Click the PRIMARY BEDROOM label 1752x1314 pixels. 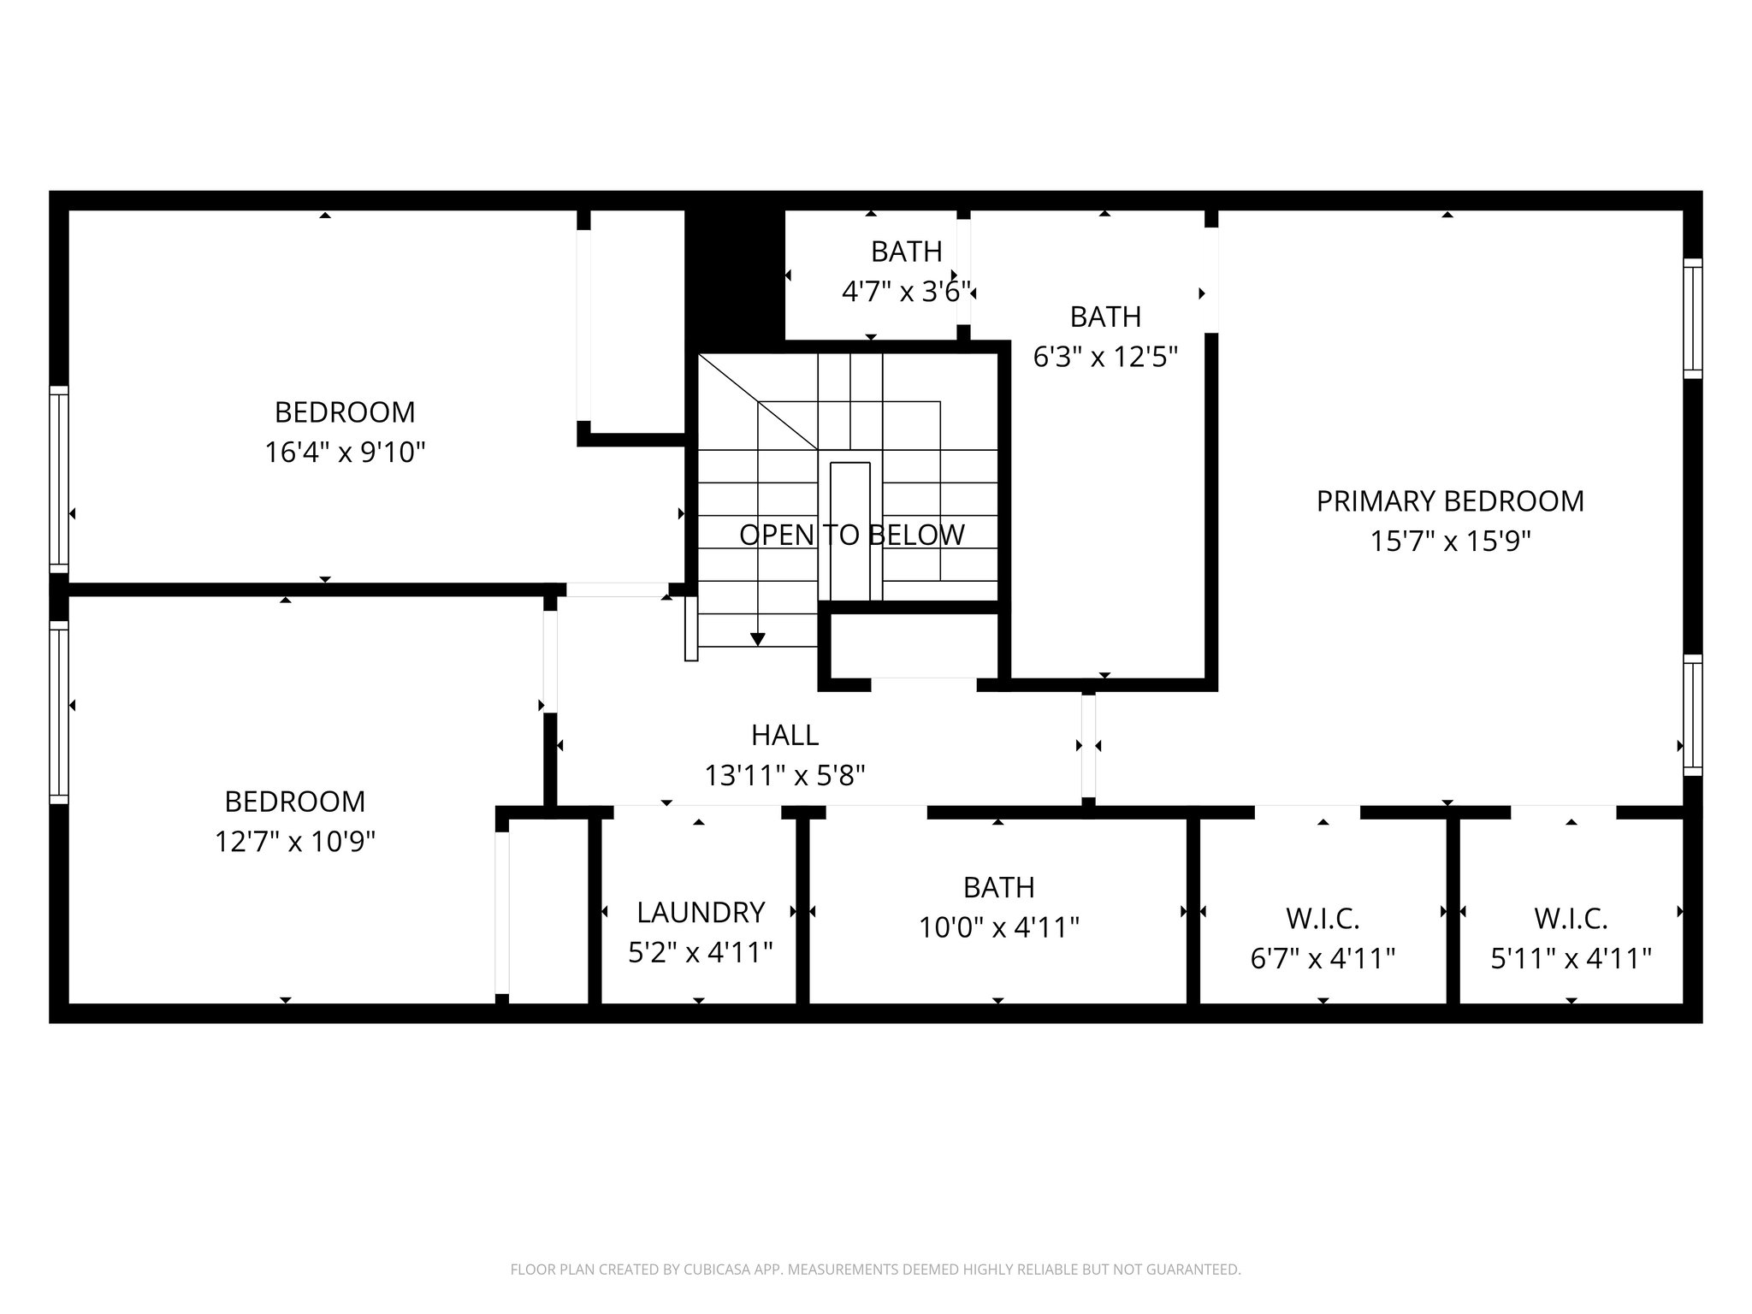coord(1449,501)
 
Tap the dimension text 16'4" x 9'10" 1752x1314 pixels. coord(345,452)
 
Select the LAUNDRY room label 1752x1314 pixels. coord(700,913)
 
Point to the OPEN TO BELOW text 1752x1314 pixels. coord(851,536)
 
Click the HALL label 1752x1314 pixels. coord(784,735)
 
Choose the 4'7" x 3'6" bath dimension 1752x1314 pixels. coord(906,292)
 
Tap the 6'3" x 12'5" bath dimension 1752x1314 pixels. coord(1105,357)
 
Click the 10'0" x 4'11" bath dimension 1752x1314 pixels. coord(998,927)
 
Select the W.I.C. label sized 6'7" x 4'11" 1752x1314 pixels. coord(1323,920)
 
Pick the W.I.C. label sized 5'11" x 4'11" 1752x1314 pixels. coord(1571,920)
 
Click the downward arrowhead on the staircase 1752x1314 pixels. coord(757,639)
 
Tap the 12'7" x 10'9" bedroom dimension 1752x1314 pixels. coord(294,843)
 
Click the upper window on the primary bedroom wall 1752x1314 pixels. coord(1692,318)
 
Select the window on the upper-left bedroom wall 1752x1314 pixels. coord(58,479)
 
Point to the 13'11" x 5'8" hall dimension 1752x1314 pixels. coord(784,776)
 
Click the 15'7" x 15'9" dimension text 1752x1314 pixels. coord(1449,542)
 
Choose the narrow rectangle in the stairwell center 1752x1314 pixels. coord(849,531)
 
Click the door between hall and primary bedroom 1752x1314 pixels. coord(1088,746)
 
